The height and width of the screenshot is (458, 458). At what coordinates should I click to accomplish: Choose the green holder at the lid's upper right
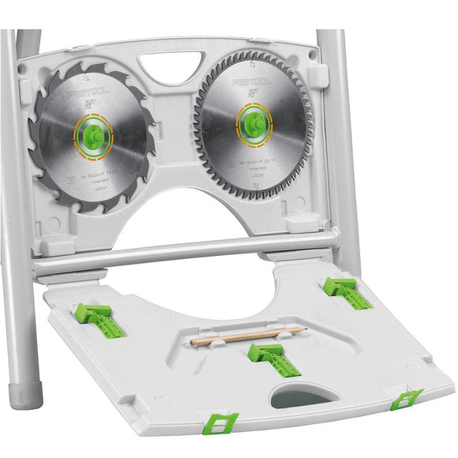coord(347,291)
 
